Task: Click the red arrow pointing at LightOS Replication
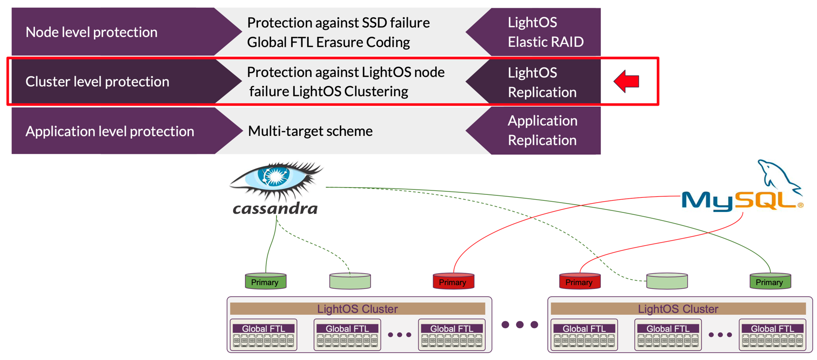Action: click(x=626, y=81)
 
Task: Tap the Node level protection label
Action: click(x=92, y=32)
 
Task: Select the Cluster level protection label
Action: click(x=97, y=81)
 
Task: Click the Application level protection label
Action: click(x=110, y=131)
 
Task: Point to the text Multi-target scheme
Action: click(x=310, y=131)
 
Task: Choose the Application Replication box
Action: click(x=542, y=131)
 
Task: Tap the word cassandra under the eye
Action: click(x=275, y=209)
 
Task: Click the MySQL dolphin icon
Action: click(x=779, y=175)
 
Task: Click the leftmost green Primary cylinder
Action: click(x=265, y=281)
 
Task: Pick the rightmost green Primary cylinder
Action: click(x=770, y=281)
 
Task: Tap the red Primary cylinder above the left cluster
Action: click(x=453, y=281)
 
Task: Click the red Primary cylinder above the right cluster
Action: click(x=579, y=281)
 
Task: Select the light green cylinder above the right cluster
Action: click(x=667, y=281)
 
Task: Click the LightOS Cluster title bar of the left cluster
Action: click(x=357, y=309)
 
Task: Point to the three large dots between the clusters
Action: click(x=520, y=324)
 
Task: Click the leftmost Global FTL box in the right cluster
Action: click(x=584, y=335)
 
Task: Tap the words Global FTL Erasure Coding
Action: click(x=328, y=42)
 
